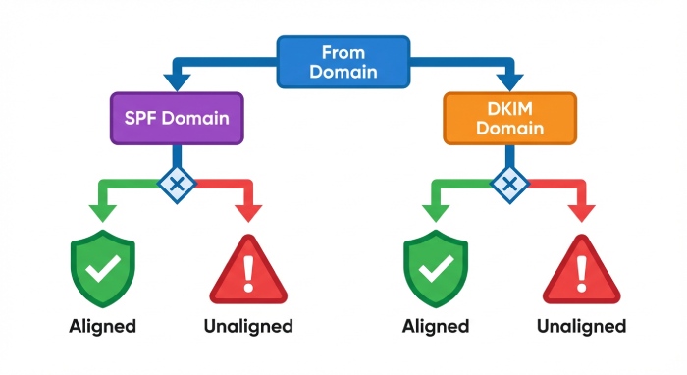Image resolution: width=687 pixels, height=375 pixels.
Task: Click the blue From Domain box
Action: [x=343, y=60]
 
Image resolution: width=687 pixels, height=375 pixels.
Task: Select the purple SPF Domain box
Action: [x=176, y=120]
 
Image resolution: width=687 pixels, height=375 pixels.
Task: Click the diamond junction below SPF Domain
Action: [x=177, y=184]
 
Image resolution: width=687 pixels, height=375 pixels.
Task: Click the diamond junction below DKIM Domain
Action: [x=508, y=184]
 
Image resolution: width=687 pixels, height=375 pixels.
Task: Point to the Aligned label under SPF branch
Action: [x=101, y=325]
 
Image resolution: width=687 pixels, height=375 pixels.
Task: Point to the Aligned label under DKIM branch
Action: [x=436, y=325]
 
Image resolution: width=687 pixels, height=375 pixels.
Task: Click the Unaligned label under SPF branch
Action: [x=249, y=325]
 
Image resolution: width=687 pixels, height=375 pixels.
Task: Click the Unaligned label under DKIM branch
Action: [x=583, y=325]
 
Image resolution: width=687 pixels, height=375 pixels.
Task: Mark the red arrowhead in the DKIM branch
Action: [x=583, y=211]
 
